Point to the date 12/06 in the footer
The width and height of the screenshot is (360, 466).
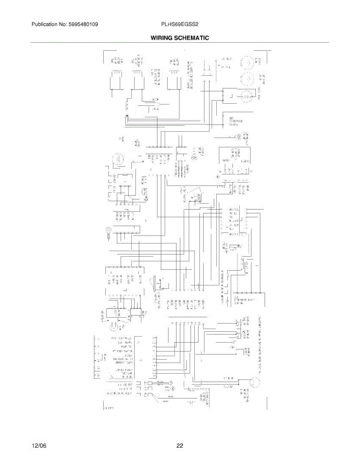(39, 446)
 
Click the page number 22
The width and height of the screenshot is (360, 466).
(180, 446)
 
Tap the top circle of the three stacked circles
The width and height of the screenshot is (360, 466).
(247, 61)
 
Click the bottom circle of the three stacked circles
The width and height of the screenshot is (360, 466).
(246, 95)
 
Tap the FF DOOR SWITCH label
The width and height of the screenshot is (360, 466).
(123, 351)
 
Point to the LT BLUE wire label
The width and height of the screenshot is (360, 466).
(228, 378)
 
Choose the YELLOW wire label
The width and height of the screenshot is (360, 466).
(228, 387)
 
